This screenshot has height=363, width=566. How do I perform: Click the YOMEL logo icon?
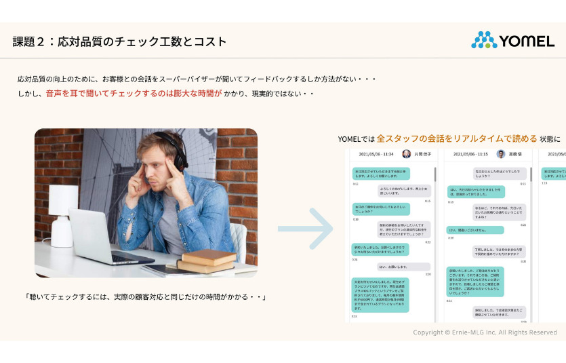tap(484, 40)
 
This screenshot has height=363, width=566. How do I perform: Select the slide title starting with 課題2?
tap(119, 41)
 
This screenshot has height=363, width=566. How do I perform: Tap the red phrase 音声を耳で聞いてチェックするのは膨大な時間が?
tap(134, 94)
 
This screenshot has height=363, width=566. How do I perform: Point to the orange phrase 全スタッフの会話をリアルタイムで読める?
tap(457, 138)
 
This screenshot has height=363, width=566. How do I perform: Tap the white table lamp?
tap(62, 210)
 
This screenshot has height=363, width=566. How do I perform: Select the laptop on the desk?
tap(102, 237)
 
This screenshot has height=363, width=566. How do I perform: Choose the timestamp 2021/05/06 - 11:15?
tap(470, 154)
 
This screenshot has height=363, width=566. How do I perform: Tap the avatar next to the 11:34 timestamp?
tap(407, 154)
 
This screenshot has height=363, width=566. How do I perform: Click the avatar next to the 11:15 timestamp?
tap(501, 154)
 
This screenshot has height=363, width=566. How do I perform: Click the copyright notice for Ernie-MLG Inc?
tap(485, 332)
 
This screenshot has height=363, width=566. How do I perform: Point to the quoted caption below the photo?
tap(144, 297)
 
